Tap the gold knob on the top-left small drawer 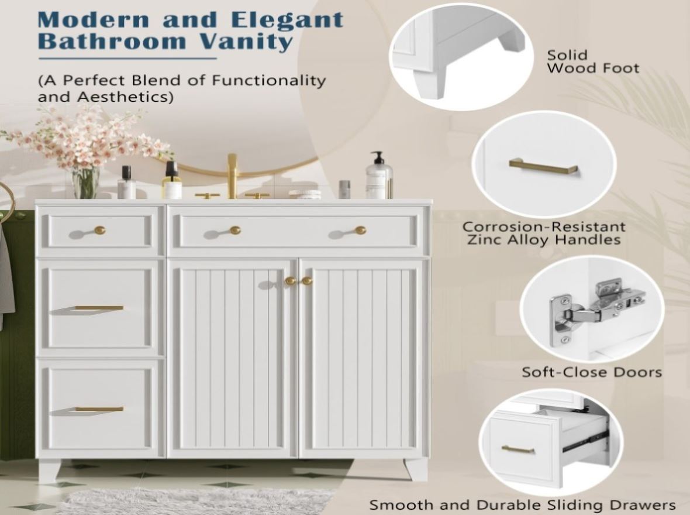pos(100,230)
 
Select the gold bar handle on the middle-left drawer pos(99,308)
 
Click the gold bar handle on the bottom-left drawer pos(99,409)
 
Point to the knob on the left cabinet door pos(289,281)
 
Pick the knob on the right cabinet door pos(307,281)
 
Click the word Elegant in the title pos(287,20)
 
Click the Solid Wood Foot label pos(592,61)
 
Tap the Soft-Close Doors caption pos(592,372)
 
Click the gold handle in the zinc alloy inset pos(543,167)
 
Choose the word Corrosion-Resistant pos(544,226)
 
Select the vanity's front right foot pos(415,469)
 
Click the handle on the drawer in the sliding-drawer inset pos(518,449)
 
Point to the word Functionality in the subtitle pos(269,80)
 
